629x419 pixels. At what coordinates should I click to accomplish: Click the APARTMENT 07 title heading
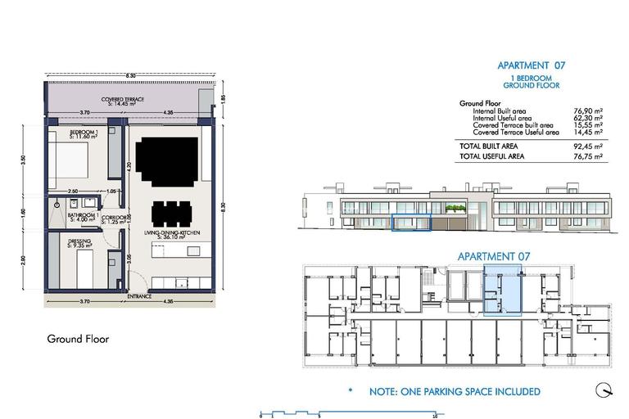[x=532, y=65]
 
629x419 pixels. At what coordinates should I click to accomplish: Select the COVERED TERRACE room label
[x=123, y=101]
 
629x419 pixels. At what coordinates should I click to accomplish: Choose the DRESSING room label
[x=80, y=242]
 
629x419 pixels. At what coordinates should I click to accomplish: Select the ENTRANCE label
[x=139, y=296]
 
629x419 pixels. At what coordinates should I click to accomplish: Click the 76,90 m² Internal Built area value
[x=590, y=111]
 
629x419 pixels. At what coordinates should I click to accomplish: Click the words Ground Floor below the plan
[x=78, y=339]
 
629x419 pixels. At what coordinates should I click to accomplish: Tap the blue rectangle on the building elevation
[x=410, y=222]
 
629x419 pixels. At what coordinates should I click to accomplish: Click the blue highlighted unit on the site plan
[x=502, y=290]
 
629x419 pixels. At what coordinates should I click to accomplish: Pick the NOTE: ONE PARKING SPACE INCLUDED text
[x=455, y=392]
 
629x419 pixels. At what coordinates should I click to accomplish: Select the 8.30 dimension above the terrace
[x=130, y=75]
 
